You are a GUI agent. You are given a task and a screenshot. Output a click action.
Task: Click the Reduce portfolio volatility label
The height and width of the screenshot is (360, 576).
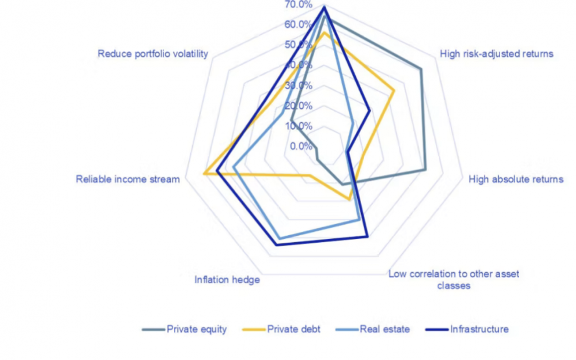click(x=153, y=54)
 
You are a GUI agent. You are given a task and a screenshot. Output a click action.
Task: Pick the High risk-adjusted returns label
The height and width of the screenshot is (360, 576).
click(x=497, y=53)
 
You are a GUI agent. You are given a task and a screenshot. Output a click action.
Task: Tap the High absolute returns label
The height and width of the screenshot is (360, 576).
click(x=516, y=179)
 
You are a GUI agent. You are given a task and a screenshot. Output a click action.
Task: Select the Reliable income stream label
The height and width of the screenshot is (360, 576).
click(x=127, y=179)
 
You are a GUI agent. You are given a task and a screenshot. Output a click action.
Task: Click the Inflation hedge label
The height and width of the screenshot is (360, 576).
click(x=227, y=279)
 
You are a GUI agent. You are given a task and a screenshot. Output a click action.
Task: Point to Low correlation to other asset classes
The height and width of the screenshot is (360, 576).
click(x=453, y=279)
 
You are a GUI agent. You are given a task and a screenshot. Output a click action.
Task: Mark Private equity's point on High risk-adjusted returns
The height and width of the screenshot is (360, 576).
click(x=421, y=69)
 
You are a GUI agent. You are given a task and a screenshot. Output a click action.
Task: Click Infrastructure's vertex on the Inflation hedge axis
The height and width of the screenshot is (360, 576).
click(x=276, y=245)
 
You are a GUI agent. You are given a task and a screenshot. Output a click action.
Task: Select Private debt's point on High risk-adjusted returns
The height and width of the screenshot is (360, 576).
click(x=394, y=91)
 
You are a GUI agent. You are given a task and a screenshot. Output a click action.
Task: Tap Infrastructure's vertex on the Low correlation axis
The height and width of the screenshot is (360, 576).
click(x=367, y=236)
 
